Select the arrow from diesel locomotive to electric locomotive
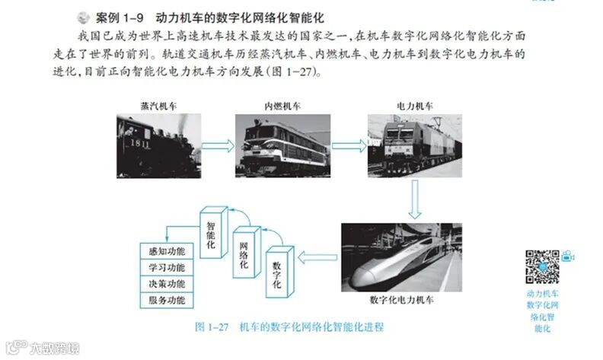click(349, 143)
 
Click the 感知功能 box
click(167, 250)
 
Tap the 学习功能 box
click(167, 267)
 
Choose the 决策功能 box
click(167, 283)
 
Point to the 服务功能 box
click(167, 300)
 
